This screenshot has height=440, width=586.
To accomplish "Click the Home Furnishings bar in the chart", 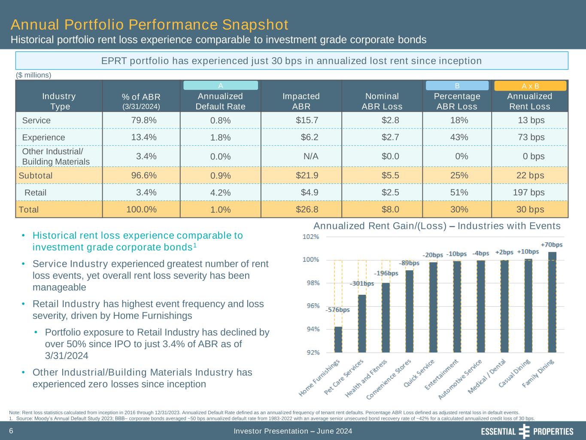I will pyautogui.click(x=338, y=339).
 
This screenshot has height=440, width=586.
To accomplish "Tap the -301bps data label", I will pyautogui.click(x=361, y=284).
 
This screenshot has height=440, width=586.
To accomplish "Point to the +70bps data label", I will pyautogui.click(x=551, y=244).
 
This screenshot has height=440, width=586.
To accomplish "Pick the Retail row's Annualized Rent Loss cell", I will pyautogui.click(x=529, y=192).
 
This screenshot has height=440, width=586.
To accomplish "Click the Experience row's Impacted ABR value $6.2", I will pyautogui.click(x=310, y=137).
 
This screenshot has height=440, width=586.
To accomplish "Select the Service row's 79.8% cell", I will pyautogui.click(x=144, y=120).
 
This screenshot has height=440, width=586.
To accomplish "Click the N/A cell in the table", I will pyautogui.click(x=311, y=156).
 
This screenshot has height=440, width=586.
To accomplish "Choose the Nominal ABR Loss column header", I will pyautogui.click(x=382, y=101).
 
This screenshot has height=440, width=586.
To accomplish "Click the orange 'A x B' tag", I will pyautogui.click(x=530, y=86).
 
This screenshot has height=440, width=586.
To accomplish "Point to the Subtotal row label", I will pyautogui.click(x=36, y=175).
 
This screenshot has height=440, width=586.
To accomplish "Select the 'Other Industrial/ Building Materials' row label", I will pyautogui.click(x=55, y=156).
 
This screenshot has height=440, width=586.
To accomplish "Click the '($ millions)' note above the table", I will pyautogui.click(x=33, y=75).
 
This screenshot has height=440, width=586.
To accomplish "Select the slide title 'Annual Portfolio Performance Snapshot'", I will pyautogui.click(x=149, y=24).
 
